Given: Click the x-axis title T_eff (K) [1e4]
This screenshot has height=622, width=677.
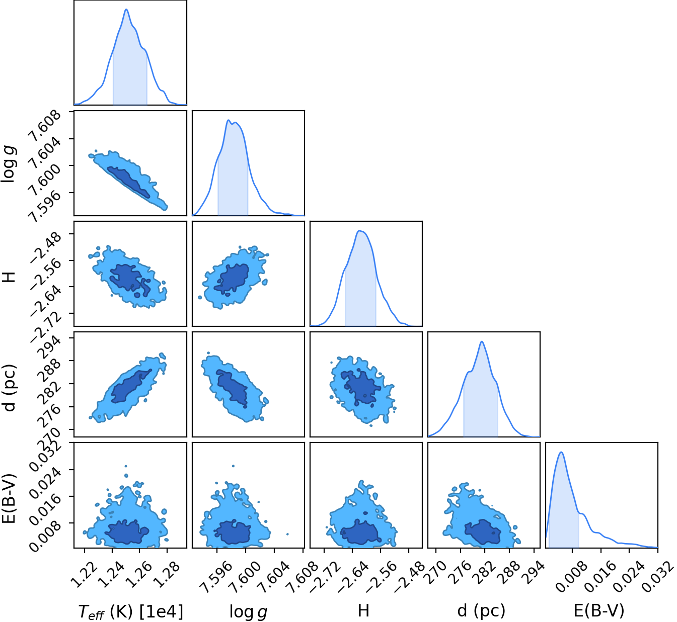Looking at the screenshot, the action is [130, 611].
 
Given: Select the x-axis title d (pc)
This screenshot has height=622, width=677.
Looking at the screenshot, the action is [481, 610].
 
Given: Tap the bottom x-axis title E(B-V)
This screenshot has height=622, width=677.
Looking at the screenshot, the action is [599, 610].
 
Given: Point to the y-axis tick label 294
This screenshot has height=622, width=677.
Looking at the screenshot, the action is [51, 347].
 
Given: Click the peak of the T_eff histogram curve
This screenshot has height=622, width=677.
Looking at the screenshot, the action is [126, 10].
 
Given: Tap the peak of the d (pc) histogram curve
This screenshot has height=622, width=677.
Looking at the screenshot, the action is [482, 341].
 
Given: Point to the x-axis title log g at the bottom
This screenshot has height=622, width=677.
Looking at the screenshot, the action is [248, 611].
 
